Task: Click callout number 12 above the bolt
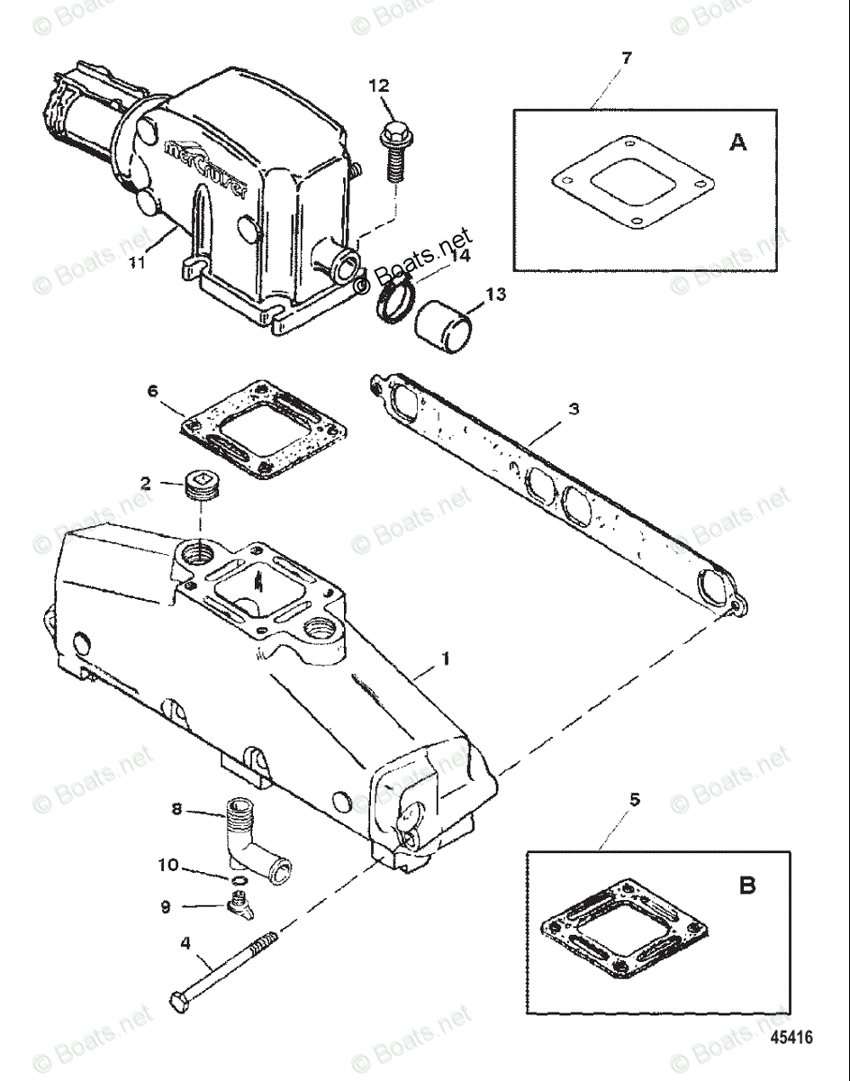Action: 379,86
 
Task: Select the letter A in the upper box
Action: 737,141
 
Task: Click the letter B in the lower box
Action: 747,886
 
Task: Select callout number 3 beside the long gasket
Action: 574,408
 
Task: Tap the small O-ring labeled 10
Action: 238,879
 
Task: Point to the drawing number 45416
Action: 791,1037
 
